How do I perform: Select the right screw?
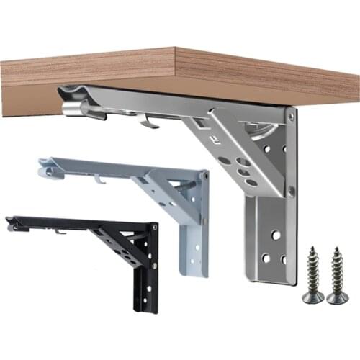point(337,274)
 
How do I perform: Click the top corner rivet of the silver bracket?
point(290,114)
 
